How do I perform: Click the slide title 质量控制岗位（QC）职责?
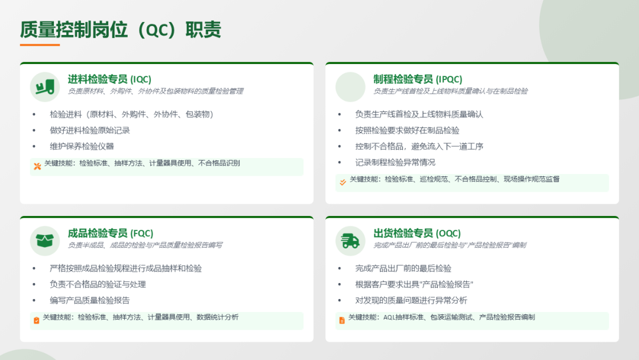click(121, 30)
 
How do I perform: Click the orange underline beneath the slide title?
click(40, 45)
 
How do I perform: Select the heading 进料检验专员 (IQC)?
click(109, 79)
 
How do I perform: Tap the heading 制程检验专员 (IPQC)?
click(418, 79)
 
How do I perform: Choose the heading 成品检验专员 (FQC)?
click(111, 233)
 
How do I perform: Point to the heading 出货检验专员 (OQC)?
click(417, 233)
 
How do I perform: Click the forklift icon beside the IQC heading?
click(45, 87)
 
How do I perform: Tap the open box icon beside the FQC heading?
click(45, 240)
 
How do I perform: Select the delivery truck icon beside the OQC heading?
click(350, 241)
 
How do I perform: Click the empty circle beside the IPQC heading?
click(350, 87)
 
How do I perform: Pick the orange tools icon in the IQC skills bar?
click(37, 166)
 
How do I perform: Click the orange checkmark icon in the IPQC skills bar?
click(343, 182)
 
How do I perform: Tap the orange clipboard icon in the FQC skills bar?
click(36, 320)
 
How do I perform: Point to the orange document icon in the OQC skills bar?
click(342, 320)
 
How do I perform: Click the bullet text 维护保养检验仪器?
click(82, 146)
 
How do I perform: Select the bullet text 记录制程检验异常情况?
click(395, 162)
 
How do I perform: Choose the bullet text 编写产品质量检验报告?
click(90, 300)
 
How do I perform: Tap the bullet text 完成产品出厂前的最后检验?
click(403, 268)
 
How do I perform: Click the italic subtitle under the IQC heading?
click(155, 91)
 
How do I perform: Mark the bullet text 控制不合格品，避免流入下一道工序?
click(419, 146)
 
